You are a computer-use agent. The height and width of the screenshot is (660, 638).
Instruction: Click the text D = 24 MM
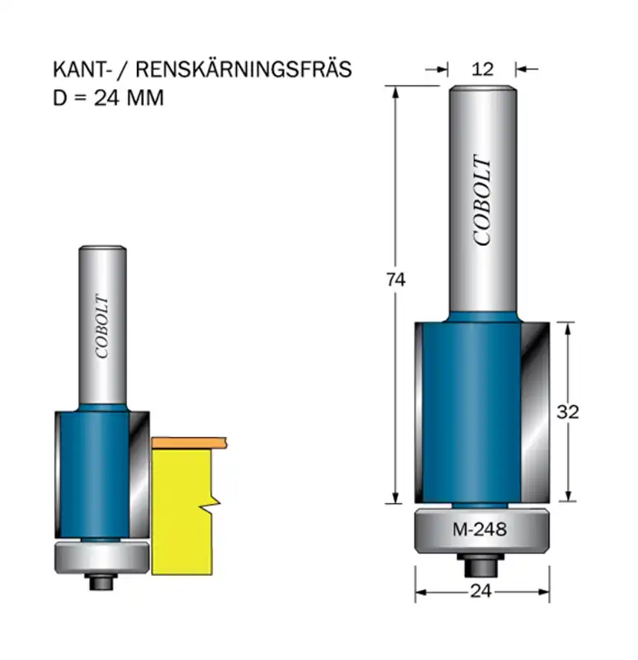click(x=107, y=97)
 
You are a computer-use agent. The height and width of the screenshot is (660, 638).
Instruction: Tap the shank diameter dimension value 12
click(x=483, y=69)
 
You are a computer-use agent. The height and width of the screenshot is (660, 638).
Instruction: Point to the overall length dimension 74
click(x=395, y=280)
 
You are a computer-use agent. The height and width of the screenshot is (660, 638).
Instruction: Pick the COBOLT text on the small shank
click(x=102, y=326)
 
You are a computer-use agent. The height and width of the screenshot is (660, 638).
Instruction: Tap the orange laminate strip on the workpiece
click(x=190, y=443)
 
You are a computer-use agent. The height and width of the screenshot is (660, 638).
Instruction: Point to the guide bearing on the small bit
click(x=100, y=557)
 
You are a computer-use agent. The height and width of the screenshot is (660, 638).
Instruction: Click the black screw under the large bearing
click(x=479, y=567)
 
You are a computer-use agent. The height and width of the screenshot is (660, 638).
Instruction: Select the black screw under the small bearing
click(x=102, y=581)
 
